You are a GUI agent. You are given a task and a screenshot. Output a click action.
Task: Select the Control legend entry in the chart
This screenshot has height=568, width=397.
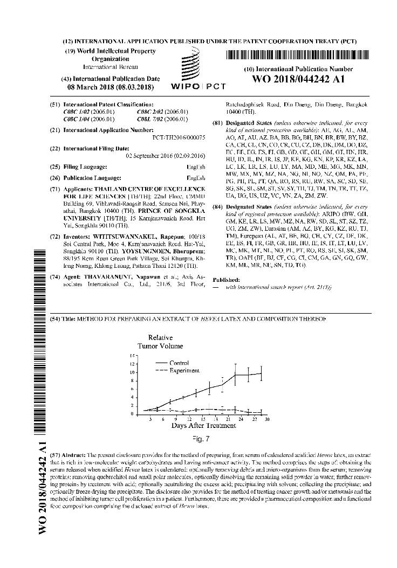point(179,363)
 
